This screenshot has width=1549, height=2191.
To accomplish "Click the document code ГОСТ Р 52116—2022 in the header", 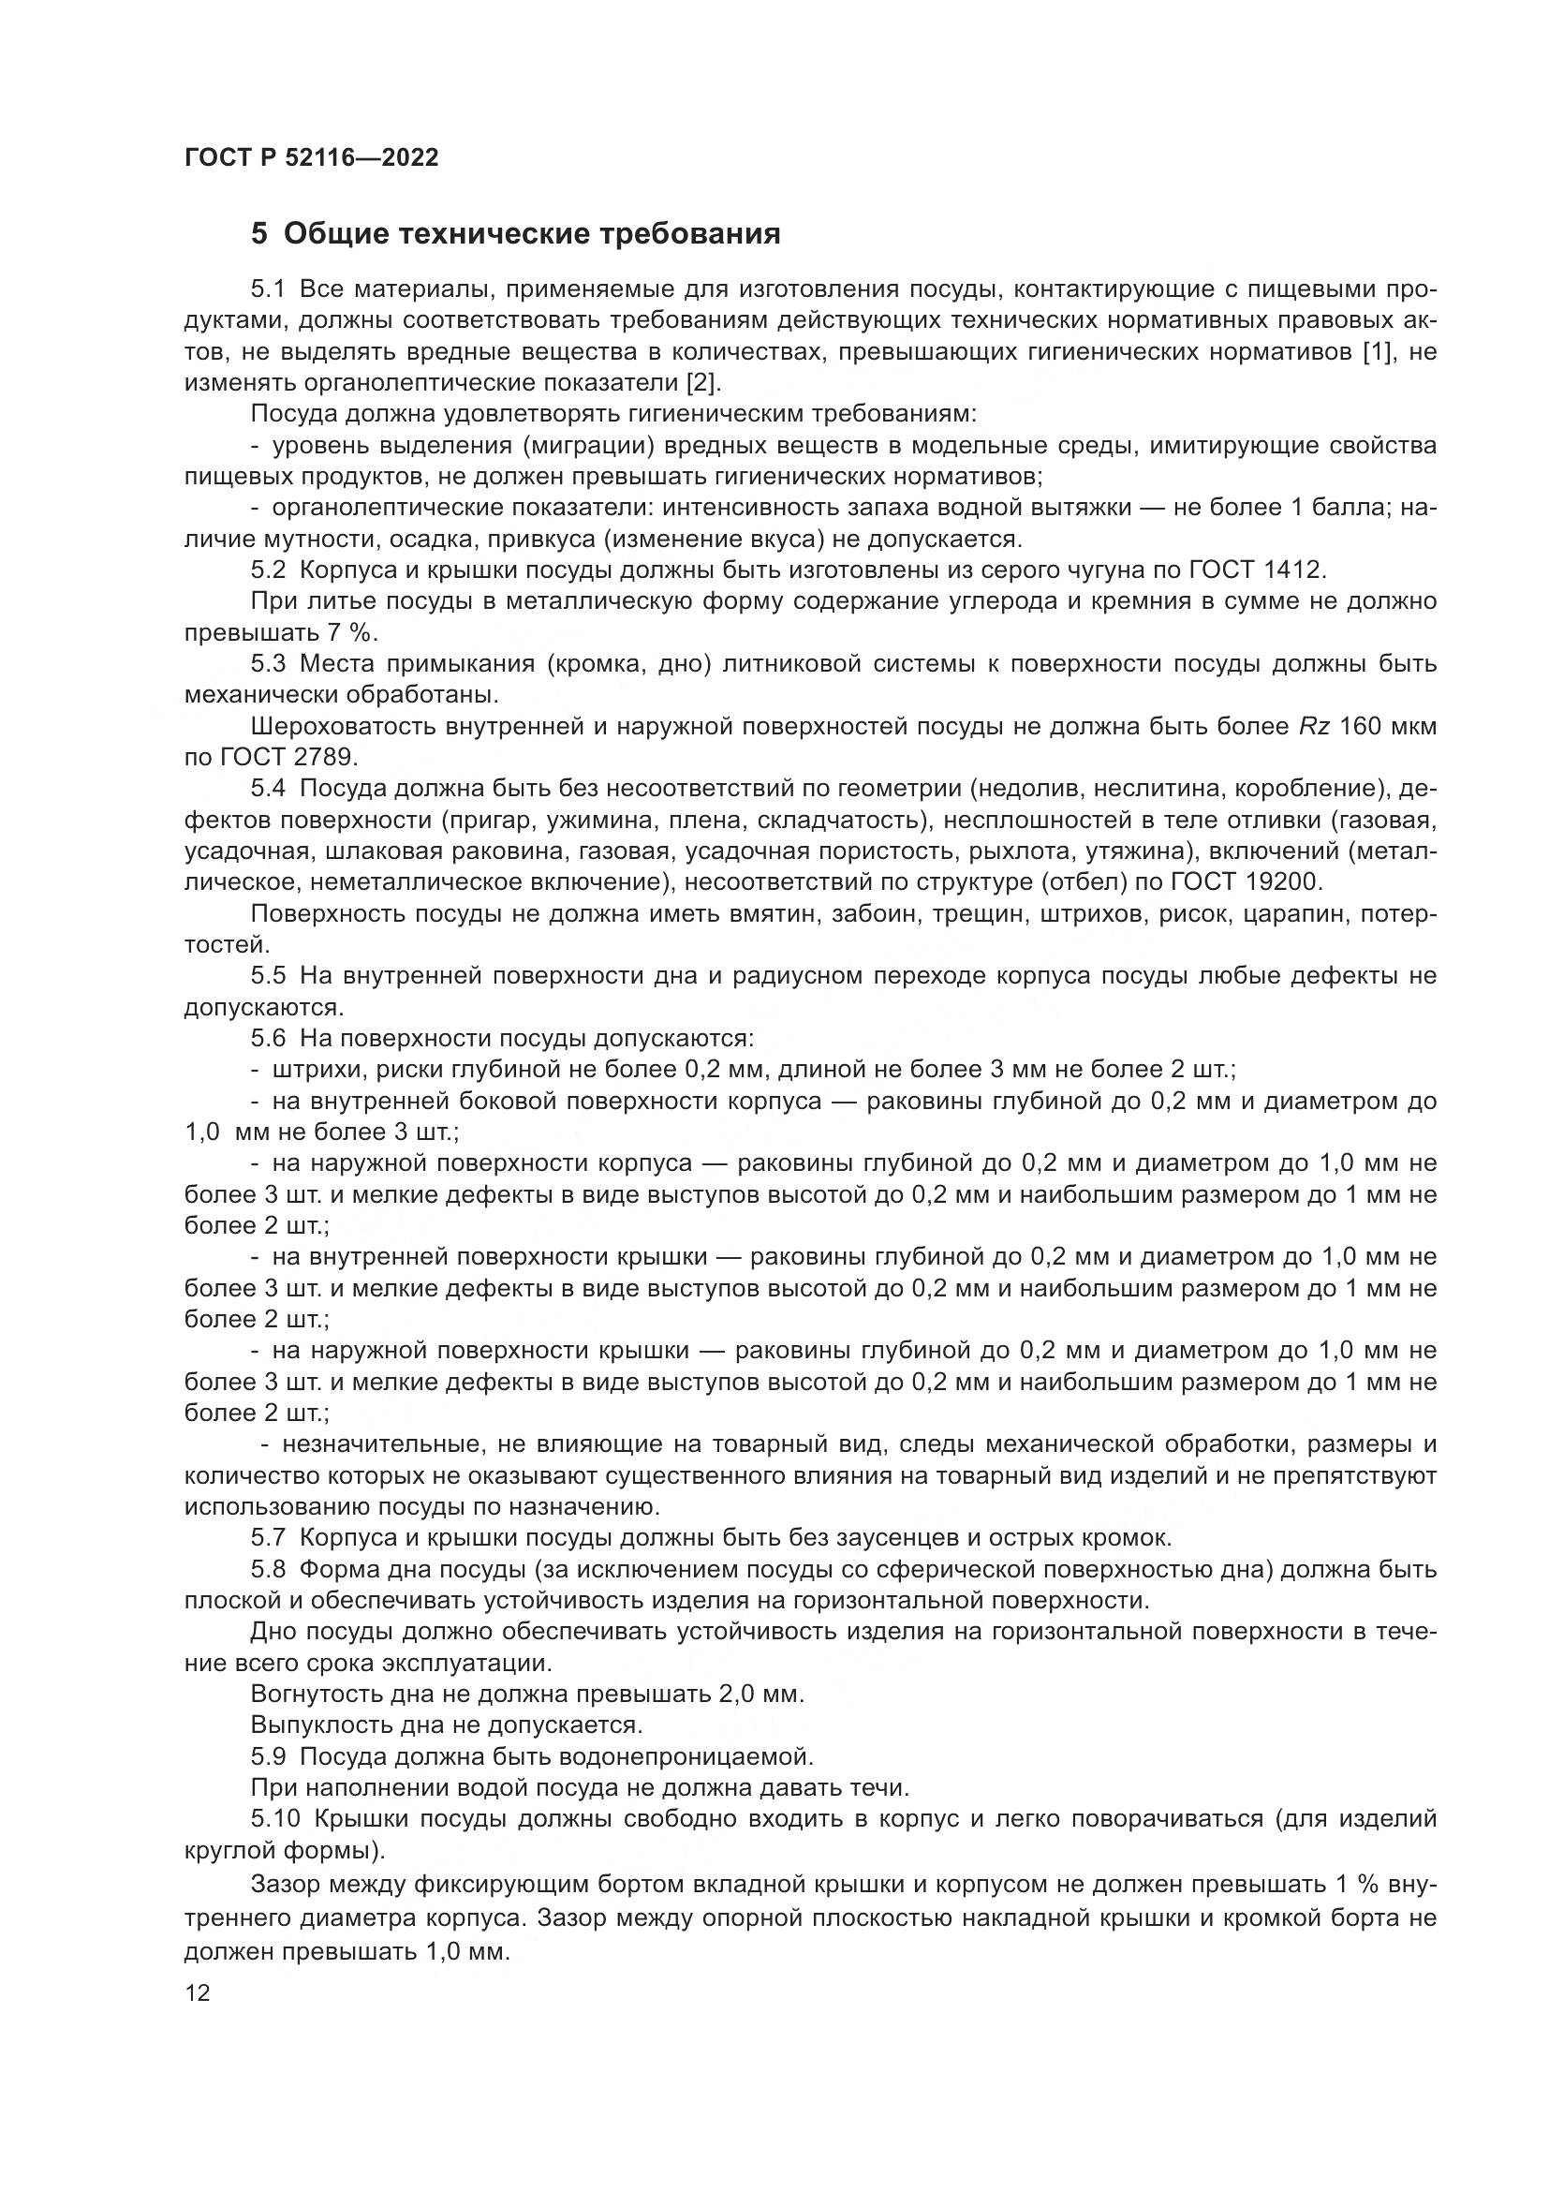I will [311, 158].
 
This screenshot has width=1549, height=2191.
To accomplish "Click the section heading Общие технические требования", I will [531, 233].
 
